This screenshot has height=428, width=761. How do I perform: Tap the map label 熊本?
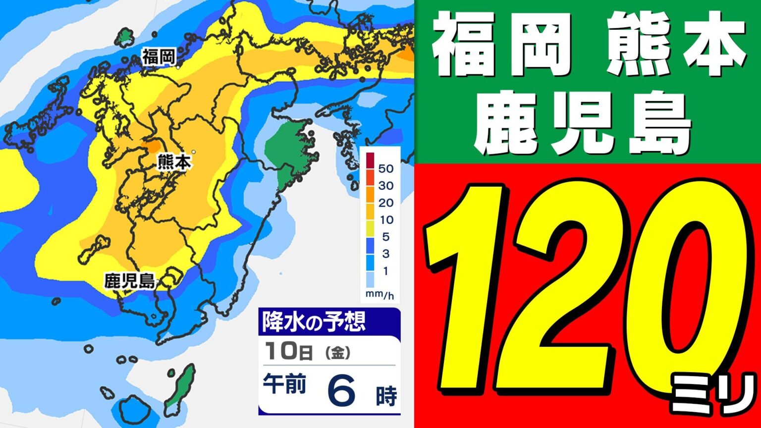pos(173,162)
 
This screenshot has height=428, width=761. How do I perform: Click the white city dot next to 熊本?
pos(194,152)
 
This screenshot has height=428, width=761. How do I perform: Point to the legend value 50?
pos(385,168)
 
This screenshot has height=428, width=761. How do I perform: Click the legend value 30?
pos(385,186)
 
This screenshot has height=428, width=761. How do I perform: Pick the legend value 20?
pos(385,203)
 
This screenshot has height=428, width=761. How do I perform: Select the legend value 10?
pos(385,220)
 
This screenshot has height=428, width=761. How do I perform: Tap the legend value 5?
pos(385,237)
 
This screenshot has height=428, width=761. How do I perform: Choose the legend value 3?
pos(385,254)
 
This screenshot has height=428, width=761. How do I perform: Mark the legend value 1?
pos(385,271)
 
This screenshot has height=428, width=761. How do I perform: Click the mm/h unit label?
pos(380,296)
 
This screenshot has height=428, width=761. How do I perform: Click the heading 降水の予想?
pos(313,322)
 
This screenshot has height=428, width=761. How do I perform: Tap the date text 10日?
pos(288,352)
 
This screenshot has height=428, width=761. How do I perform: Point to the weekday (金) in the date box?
pos(338,353)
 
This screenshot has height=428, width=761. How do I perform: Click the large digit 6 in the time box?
pos(342,390)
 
